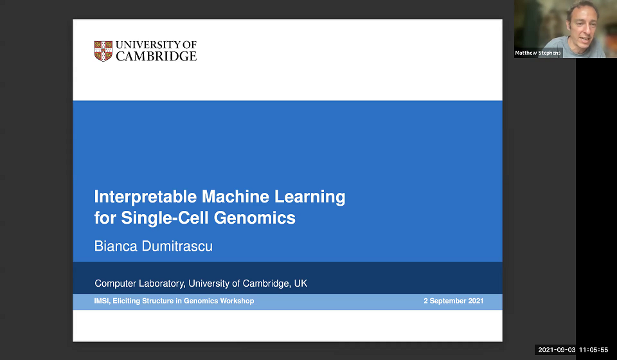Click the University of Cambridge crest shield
(103, 51)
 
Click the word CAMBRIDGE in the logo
(156, 56)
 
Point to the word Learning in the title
(311, 197)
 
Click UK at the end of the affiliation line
(301, 283)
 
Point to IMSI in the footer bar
(102, 301)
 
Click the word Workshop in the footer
(237, 301)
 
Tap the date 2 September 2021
(453, 301)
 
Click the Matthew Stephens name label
(538, 53)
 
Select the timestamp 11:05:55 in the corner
(593, 350)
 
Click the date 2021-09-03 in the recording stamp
(556, 350)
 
